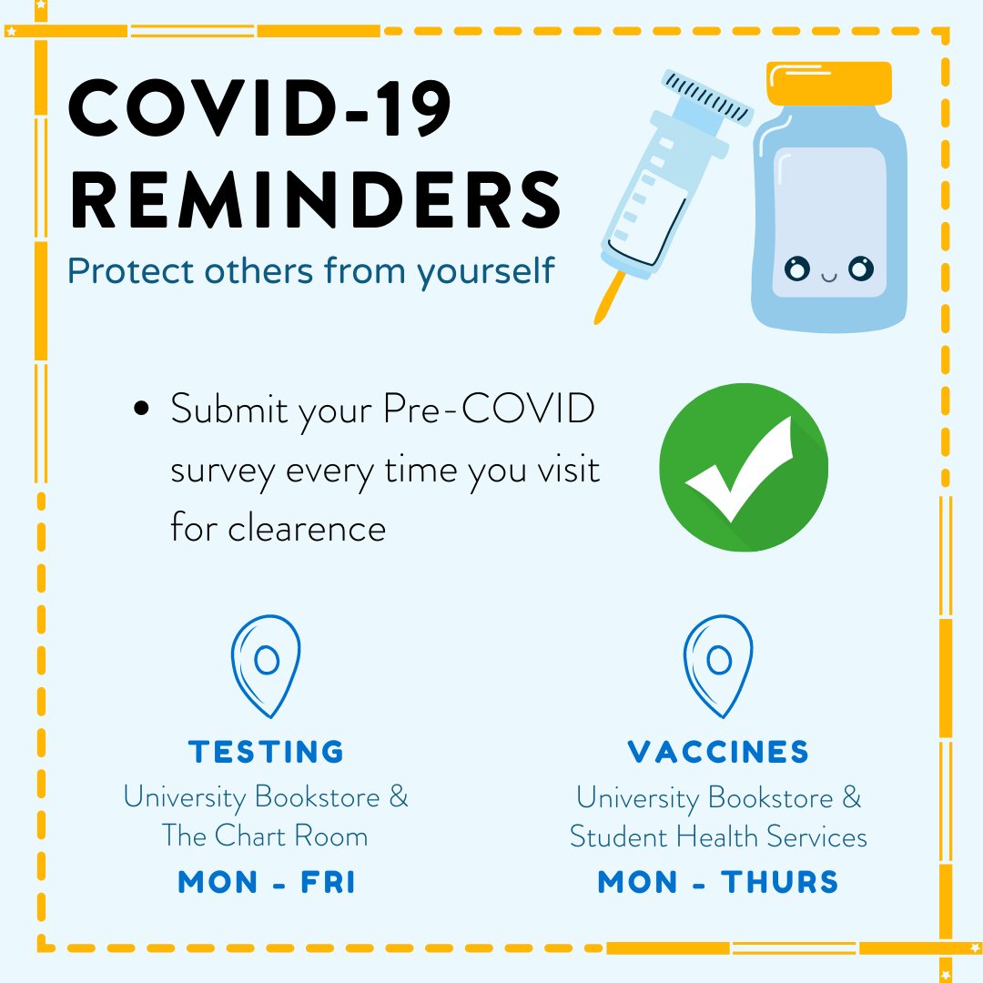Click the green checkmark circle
744,467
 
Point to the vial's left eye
797,269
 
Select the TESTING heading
267,752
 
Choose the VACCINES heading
718,752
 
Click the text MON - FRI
267,881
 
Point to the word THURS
780,881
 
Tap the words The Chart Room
265,836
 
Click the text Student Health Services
718,836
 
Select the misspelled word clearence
307,528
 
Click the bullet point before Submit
141,410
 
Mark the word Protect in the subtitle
127,271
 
